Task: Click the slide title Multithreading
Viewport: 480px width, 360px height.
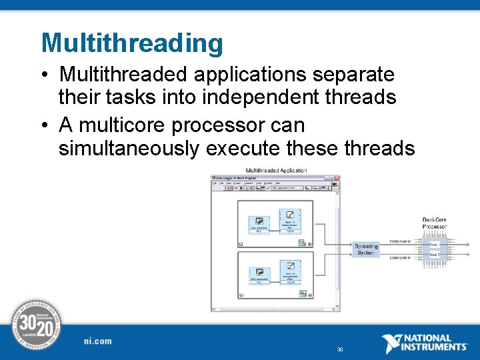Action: (x=132, y=43)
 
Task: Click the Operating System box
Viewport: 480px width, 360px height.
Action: (x=365, y=250)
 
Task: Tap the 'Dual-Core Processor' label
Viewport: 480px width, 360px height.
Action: (x=434, y=223)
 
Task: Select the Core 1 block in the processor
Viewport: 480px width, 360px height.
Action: (x=434, y=244)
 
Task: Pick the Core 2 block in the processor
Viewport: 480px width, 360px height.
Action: (x=434, y=255)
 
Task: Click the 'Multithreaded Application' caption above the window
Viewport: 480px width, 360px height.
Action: (x=276, y=171)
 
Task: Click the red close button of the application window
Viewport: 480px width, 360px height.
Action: (x=337, y=179)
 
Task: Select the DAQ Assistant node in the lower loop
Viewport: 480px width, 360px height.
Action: (x=259, y=275)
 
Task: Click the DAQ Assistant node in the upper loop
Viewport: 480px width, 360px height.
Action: (x=259, y=224)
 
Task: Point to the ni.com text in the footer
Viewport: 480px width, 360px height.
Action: (x=98, y=341)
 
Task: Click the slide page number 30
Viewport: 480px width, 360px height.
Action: (x=340, y=349)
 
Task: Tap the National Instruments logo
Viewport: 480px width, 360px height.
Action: (x=424, y=343)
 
